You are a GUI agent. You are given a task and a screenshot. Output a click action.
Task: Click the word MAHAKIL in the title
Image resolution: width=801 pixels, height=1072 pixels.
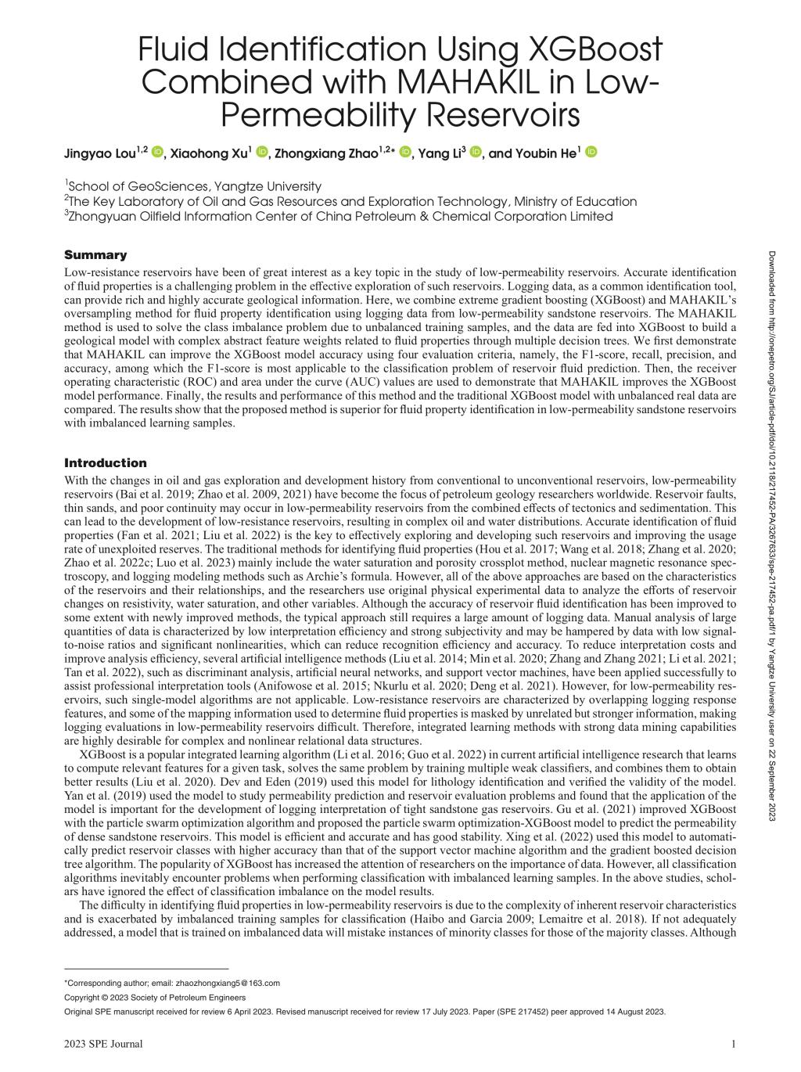(454, 83)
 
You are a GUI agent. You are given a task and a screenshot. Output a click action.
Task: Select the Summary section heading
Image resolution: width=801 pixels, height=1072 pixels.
(95, 255)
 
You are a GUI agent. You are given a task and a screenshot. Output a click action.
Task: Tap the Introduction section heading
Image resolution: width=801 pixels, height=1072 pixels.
(105, 462)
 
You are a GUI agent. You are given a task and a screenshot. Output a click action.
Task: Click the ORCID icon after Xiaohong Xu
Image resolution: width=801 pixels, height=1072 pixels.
(262, 152)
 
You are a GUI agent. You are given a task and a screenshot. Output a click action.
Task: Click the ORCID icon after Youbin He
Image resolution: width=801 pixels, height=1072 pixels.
(591, 152)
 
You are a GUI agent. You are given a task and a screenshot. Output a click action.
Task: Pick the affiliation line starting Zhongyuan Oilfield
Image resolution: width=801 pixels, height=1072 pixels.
(340, 216)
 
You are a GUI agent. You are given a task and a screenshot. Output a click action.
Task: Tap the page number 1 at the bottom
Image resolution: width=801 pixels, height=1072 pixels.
(733, 1044)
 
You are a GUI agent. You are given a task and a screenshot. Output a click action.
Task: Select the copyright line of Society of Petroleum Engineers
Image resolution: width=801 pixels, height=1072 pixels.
(154, 997)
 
